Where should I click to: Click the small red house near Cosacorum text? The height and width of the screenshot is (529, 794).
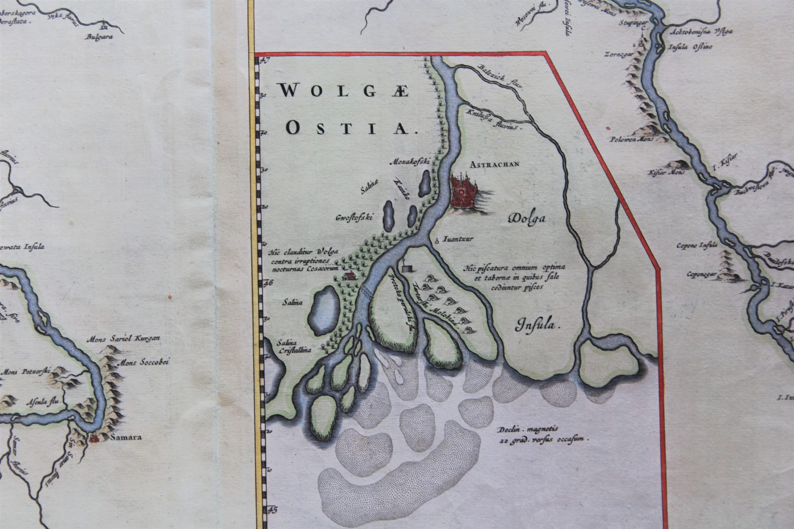point(349,276)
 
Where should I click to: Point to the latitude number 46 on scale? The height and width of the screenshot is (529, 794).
point(268,283)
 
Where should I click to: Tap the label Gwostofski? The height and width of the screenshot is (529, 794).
point(354,217)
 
